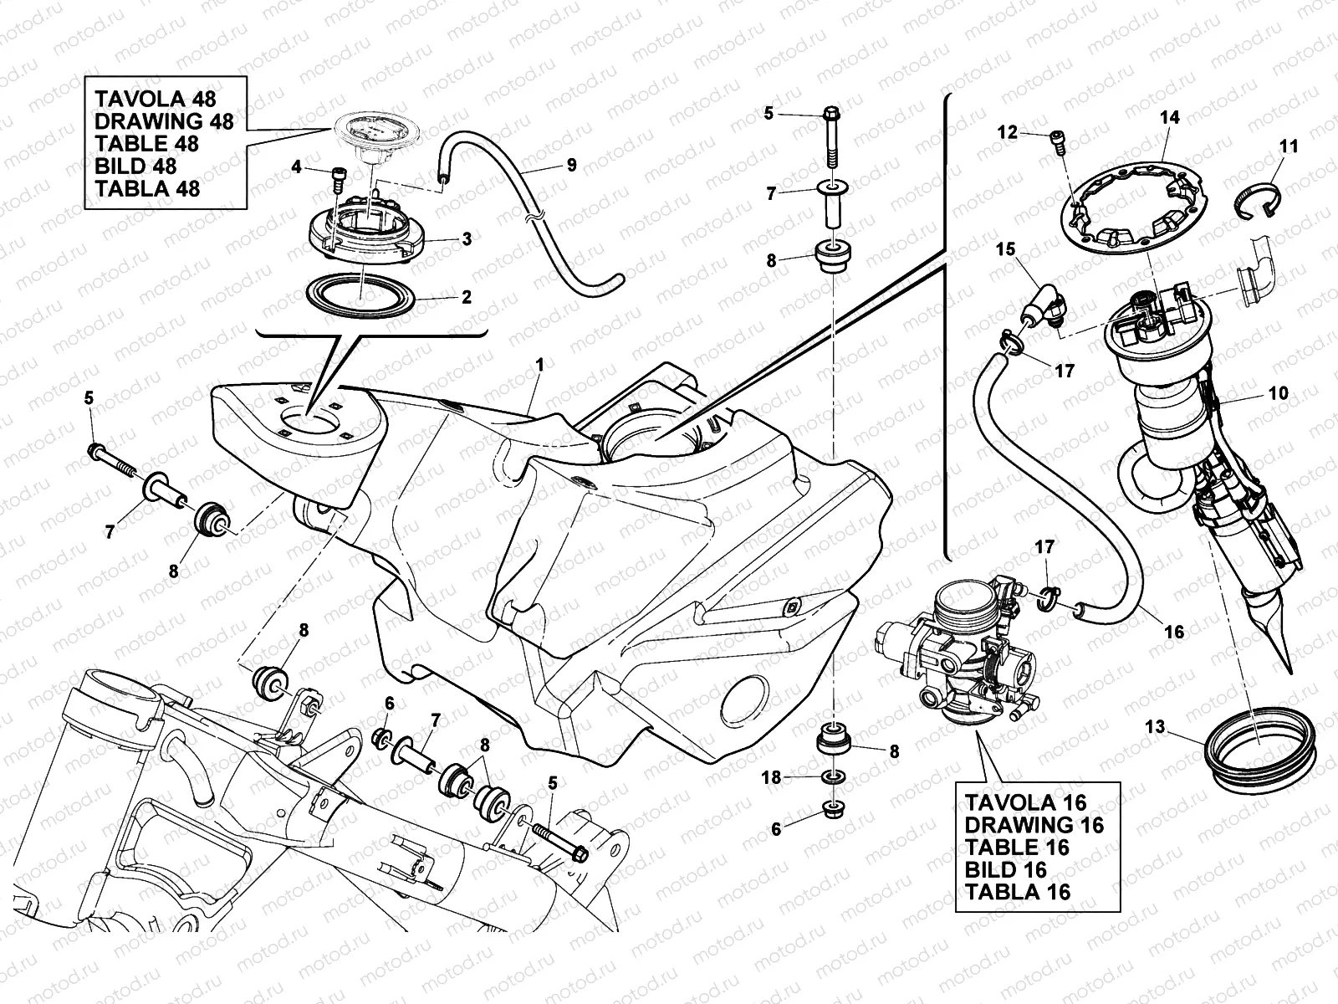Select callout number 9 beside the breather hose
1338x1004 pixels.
click(571, 165)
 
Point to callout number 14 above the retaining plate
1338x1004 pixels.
click(1170, 117)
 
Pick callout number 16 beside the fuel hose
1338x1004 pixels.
click(1175, 632)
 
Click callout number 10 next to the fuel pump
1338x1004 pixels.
click(1277, 392)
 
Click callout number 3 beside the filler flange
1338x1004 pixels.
click(466, 239)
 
